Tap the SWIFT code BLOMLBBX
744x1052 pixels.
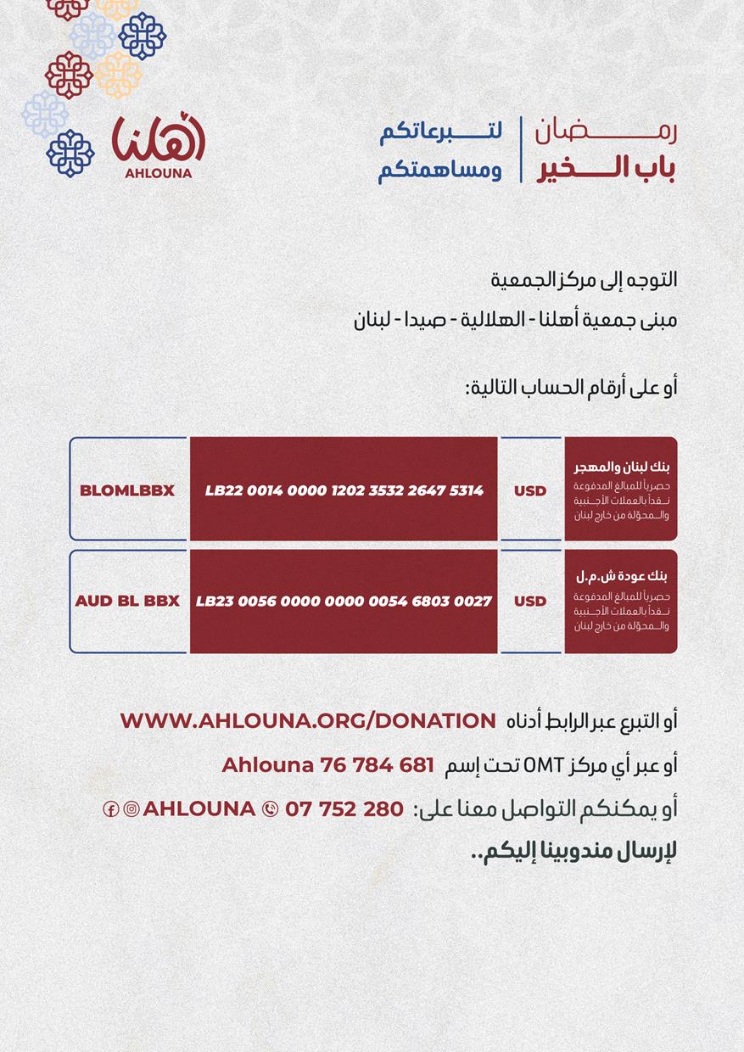click(x=127, y=490)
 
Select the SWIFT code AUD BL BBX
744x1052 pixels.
click(x=127, y=601)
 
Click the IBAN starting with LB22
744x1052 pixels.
click(x=344, y=490)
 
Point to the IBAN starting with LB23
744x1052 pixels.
click(x=344, y=601)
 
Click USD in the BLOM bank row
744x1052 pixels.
click(x=530, y=490)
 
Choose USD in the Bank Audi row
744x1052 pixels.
click(x=530, y=601)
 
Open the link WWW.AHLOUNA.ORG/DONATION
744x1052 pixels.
click(x=308, y=720)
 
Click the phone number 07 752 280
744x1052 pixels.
click(x=344, y=809)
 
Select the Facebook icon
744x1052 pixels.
click(x=110, y=809)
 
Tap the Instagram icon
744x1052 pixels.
click(x=131, y=809)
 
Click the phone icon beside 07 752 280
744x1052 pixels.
click(x=271, y=809)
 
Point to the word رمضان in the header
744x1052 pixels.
click(x=607, y=132)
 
